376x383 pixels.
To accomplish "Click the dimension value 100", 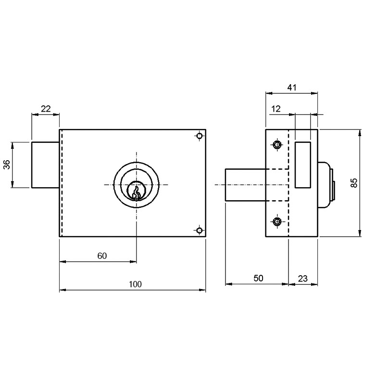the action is (135, 284).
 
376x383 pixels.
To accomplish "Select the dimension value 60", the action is (102, 256).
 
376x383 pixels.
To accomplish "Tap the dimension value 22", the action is (46, 109).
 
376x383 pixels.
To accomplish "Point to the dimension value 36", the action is (7, 165).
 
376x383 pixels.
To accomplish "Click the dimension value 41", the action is (292, 87).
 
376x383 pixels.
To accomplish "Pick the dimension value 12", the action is (276, 109).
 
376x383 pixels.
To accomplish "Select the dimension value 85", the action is (353, 183).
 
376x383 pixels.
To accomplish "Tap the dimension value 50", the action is (258, 278).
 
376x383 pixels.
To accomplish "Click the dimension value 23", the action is (303, 279).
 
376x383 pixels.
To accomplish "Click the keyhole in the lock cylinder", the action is (136, 192).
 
